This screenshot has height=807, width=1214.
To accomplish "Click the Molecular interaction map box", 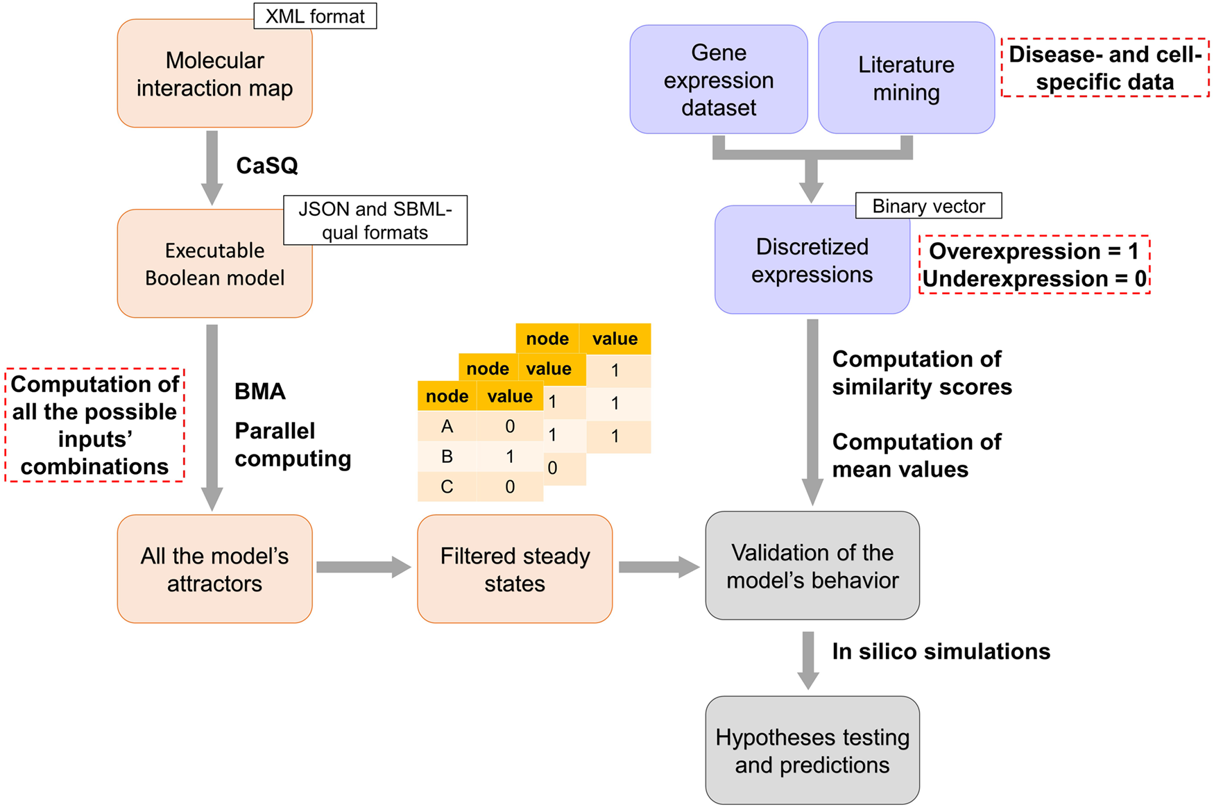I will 214,74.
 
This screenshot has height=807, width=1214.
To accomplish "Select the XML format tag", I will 315,16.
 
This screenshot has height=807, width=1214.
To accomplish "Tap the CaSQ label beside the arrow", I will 267,165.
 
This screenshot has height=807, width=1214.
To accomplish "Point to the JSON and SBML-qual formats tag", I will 375,220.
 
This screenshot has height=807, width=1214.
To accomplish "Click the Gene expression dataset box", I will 718,80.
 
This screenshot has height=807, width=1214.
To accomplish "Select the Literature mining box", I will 906,78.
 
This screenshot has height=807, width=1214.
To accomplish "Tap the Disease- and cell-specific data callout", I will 1104,68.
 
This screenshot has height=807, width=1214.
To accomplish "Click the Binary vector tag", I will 928,206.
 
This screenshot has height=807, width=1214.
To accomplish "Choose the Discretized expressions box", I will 812,260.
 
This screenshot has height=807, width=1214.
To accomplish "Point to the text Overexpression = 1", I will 1034,251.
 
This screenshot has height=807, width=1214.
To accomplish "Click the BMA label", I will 260,391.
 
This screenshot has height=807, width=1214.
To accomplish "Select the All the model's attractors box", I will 214,569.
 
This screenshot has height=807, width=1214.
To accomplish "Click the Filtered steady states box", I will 515,569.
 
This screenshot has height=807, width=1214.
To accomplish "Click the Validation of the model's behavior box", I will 812,566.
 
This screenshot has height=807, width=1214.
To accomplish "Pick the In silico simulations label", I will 941,652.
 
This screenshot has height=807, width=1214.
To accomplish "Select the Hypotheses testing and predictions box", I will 812,750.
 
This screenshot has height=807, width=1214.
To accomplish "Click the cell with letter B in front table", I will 447,457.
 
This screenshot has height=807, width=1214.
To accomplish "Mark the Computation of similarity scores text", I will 921,373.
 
